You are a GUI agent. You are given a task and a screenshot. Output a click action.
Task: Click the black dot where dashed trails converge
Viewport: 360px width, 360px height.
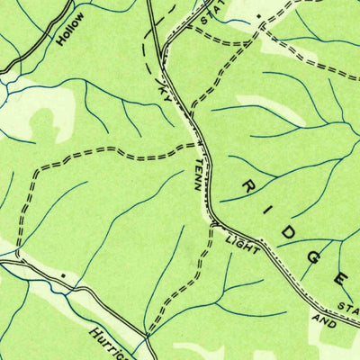pos(259,16)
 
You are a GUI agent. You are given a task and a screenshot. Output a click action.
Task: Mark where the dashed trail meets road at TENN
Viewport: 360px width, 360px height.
pos(198,144)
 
